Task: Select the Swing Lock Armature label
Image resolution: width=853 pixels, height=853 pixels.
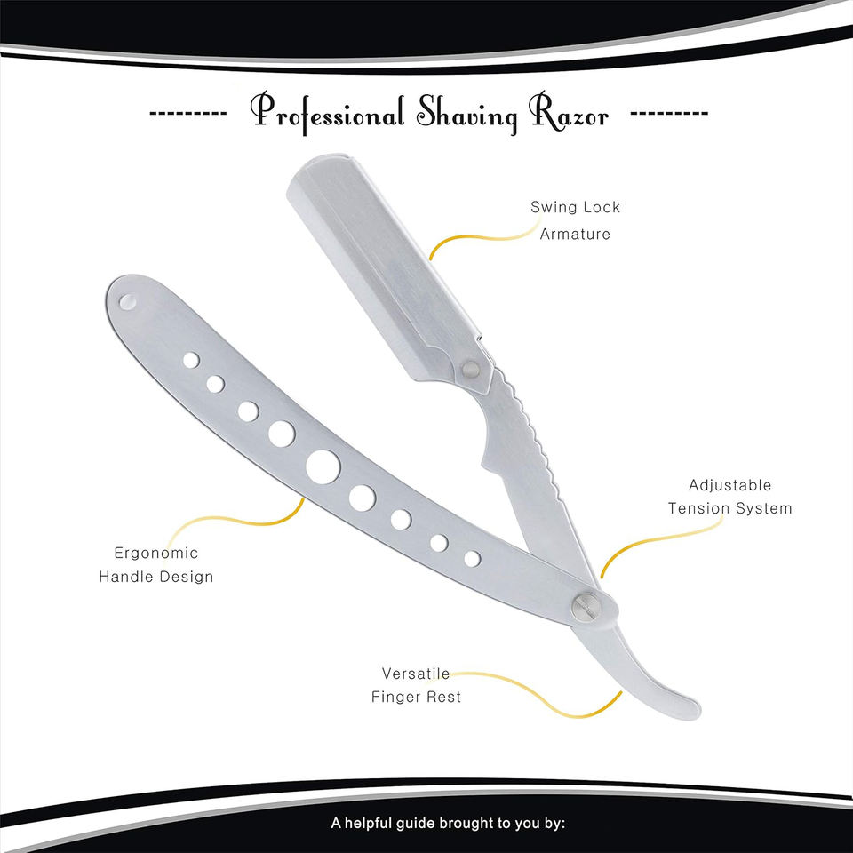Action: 575,220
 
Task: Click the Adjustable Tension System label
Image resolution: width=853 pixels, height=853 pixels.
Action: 729,498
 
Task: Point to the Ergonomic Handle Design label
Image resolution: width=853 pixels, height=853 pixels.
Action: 155,564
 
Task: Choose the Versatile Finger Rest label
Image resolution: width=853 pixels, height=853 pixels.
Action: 416,685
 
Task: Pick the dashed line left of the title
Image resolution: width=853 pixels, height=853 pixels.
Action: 187,115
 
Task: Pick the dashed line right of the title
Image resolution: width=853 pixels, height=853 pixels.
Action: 668,115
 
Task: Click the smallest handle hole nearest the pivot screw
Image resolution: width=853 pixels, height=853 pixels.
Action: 473,558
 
